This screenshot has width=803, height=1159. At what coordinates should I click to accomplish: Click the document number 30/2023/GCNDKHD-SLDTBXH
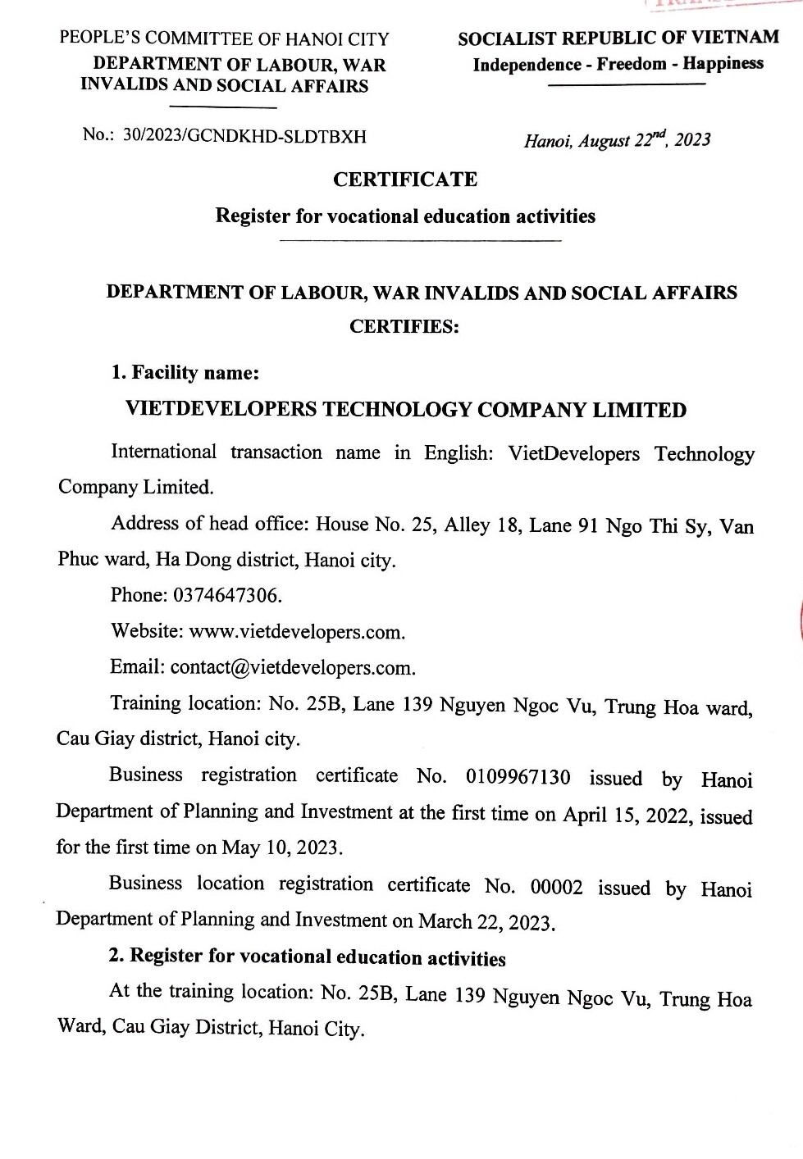click(x=244, y=136)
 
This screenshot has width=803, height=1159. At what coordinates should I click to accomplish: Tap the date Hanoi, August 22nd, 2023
click(x=617, y=140)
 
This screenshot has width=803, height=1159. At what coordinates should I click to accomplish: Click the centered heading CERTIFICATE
click(x=405, y=180)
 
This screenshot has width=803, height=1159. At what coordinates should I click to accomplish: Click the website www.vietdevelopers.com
click(x=296, y=632)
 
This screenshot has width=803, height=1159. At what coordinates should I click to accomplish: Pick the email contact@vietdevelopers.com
click(x=292, y=668)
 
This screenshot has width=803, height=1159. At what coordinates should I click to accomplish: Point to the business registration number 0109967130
click(x=518, y=777)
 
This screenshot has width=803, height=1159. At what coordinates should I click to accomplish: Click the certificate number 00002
click(x=556, y=887)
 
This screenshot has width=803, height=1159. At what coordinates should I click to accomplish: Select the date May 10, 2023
click(x=281, y=848)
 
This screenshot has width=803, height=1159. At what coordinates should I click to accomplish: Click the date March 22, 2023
click(x=486, y=922)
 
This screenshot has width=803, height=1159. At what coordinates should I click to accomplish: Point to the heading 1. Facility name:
click(x=185, y=373)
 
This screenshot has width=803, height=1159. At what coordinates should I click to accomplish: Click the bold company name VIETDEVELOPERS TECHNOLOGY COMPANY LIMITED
click(x=405, y=410)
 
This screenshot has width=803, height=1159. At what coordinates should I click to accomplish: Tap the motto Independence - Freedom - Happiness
click(x=618, y=64)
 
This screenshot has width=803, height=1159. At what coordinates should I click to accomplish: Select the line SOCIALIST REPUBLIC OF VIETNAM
click(x=618, y=38)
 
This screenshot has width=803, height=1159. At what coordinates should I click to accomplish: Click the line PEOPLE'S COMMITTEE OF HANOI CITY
click(x=224, y=39)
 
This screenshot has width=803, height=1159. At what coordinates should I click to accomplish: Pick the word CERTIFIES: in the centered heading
click(x=404, y=326)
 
